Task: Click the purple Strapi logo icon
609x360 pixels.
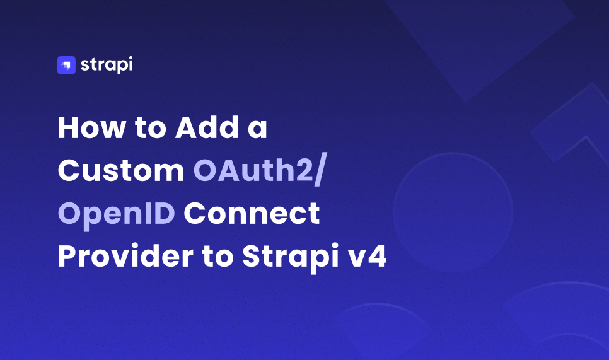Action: [x=66, y=65]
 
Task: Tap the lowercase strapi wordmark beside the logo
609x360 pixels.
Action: [x=107, y=65]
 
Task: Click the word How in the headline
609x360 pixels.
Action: [x=88, y=129]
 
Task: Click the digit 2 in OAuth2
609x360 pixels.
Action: [x=302, y=171]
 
